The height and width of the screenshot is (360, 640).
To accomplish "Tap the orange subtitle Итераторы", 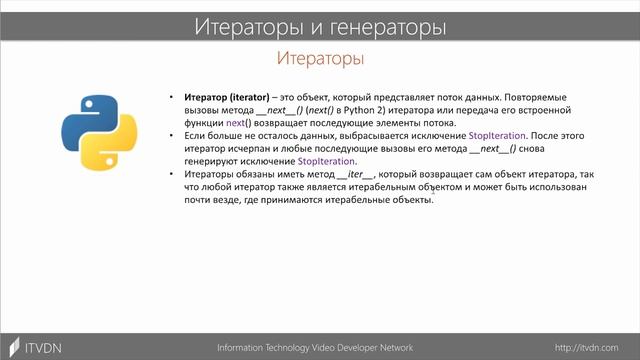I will click(319, 58).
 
